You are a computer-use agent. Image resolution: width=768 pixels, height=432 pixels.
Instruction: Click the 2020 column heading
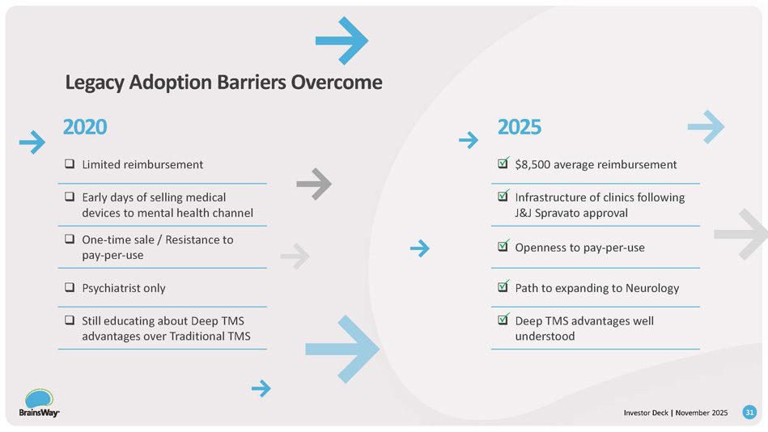pyautogui.click(x=85, y=127)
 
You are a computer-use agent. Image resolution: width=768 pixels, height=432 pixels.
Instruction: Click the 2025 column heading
pyautogui.click(x=519, y=127)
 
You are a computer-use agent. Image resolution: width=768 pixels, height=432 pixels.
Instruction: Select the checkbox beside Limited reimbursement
pyautogui.click(x=70, y=165)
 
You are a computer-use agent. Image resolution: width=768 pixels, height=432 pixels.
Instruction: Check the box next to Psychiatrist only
pyautogui.click(x=70, y=288)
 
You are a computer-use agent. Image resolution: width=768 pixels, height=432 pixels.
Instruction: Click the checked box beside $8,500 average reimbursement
pyautogui.click(x=503, y=165)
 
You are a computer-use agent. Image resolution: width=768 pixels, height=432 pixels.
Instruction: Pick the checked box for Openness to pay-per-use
pyautogui.click(x=503, y=247)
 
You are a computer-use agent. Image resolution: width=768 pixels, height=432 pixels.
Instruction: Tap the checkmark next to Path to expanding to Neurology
pyautogui.click(x=503, y=287)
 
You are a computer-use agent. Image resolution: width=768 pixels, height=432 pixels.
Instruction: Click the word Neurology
pyautogui.click(x=651, y=288)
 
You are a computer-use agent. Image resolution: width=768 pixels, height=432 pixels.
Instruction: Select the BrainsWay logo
pyautogui.click(x=39, y=403)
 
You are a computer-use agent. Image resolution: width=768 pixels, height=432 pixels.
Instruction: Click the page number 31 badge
pyautogui.click(x=749, y=413)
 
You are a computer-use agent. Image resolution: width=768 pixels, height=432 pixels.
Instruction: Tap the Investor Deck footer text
pyautogui.click(x=646, y=413)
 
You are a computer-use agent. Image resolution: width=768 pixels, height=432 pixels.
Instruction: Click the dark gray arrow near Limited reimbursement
pyautogui.click(x=314, y=184)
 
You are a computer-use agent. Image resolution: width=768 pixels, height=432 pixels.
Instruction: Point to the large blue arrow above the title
pyautogui.click(x=342, y=40)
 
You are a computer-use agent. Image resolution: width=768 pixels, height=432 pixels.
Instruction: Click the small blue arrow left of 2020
pyautogui.click(x=32, y=142)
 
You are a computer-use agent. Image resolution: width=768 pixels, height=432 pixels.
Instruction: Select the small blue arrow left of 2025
pyautogui.click(x=469, y=141)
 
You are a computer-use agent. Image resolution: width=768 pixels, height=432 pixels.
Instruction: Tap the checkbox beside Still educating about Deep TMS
pyautogui.click(x=70, y=321)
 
